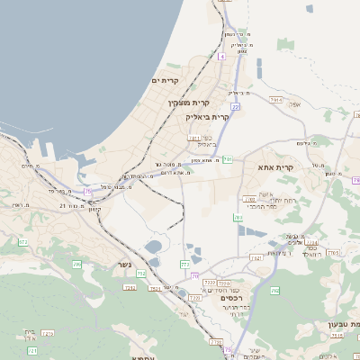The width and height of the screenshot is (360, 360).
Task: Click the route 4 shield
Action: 221,57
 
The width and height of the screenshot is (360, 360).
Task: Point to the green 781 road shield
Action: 228,159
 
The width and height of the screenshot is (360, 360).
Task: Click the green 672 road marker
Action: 22,242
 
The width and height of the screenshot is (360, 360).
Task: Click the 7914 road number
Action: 275,101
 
